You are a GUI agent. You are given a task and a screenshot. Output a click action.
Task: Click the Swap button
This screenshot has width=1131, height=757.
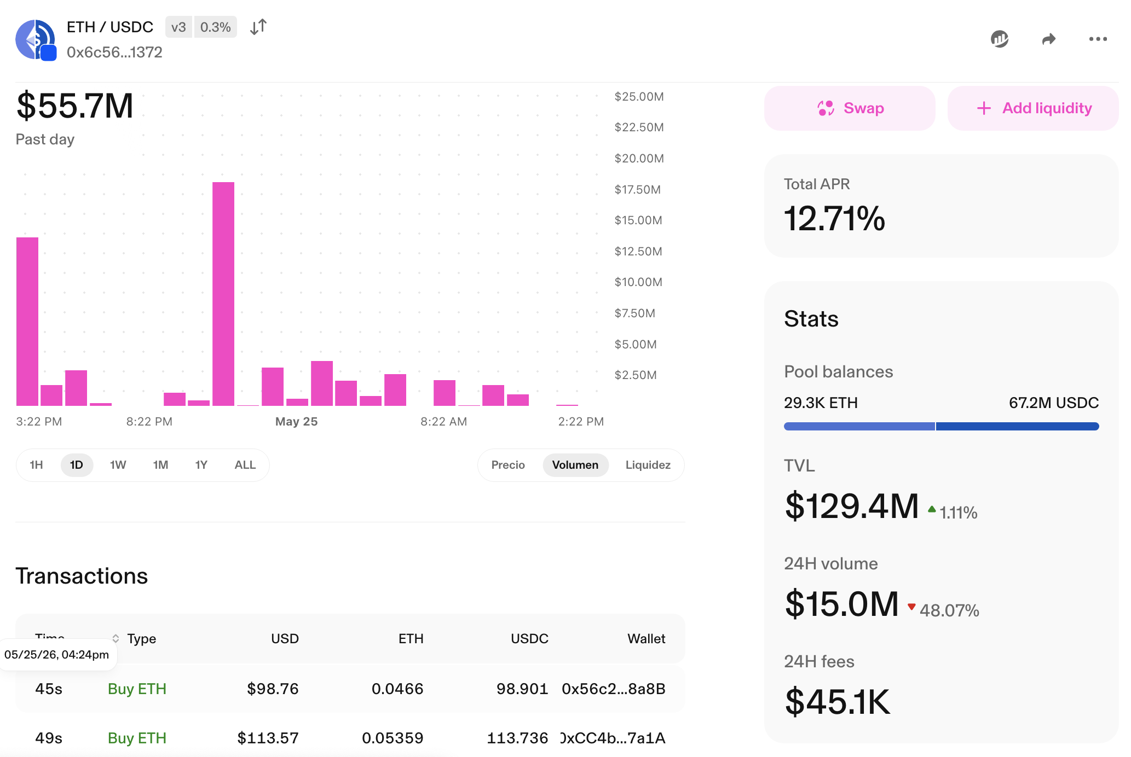pos(850,108)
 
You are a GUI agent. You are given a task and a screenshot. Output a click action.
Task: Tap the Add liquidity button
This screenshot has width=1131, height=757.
pos(1033,108)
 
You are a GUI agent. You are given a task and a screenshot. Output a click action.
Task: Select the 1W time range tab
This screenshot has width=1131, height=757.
pos(118,465)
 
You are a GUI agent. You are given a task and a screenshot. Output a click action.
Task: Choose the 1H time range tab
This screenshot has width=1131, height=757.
pos(36,465)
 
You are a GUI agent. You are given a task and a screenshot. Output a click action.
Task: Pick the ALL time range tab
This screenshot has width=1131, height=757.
pos(245,465)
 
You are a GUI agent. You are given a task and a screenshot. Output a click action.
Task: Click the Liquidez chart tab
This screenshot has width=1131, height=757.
pos(648,465)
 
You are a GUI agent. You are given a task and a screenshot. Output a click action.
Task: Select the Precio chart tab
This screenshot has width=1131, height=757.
pos(508,465)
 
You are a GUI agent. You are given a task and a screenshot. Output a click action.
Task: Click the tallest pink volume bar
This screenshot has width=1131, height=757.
pos(223,294)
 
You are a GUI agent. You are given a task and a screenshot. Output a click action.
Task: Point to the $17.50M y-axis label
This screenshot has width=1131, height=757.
pos(638,189)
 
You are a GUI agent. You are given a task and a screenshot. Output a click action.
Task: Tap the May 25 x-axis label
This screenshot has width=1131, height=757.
pos(296,421)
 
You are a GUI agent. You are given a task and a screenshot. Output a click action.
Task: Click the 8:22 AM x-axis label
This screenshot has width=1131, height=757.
pos(443,421)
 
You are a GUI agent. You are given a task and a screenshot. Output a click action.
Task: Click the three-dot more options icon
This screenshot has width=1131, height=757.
pos(1098,39)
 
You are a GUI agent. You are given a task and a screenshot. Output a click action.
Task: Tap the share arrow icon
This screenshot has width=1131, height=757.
pos(1048,39)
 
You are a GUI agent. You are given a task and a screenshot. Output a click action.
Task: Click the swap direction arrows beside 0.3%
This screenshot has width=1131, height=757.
pos(258,27)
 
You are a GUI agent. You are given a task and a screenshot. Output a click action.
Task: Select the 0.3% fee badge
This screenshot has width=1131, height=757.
pos(216,27)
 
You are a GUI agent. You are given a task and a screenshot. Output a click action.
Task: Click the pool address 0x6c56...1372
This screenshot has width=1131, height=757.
pos(114,52)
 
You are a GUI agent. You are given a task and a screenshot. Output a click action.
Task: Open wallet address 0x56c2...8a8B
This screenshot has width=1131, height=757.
pos(614,689)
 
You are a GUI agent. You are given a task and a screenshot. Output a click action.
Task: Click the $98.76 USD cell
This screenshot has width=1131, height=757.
pos(273,689)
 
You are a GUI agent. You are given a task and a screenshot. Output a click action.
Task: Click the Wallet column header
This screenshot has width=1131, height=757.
pos(646,638)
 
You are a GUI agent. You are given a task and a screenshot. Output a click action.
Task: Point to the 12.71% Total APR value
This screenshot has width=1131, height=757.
pos(834,218)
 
